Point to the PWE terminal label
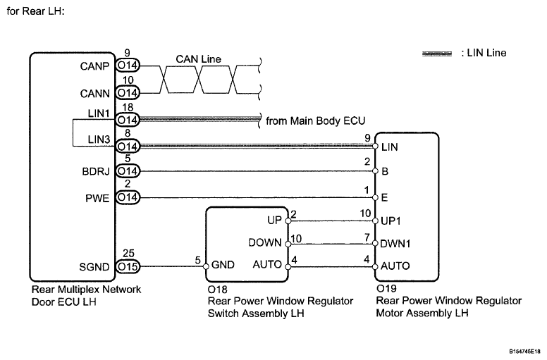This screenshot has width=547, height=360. [x=98, y=198]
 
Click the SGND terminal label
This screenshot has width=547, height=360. [x=95, y=267]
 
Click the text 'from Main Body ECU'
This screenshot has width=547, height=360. [x=309, y=120]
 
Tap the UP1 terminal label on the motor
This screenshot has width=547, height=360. [x=391, y=221]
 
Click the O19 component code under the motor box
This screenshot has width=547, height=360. [x=386, y=290]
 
